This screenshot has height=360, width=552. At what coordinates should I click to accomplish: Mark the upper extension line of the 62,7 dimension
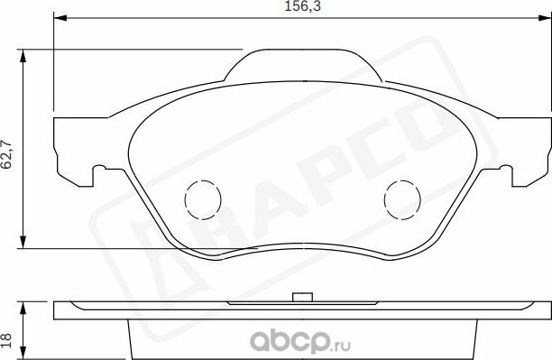(x=135, y=49)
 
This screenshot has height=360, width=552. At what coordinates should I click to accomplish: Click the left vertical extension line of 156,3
(x=55, y=72)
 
